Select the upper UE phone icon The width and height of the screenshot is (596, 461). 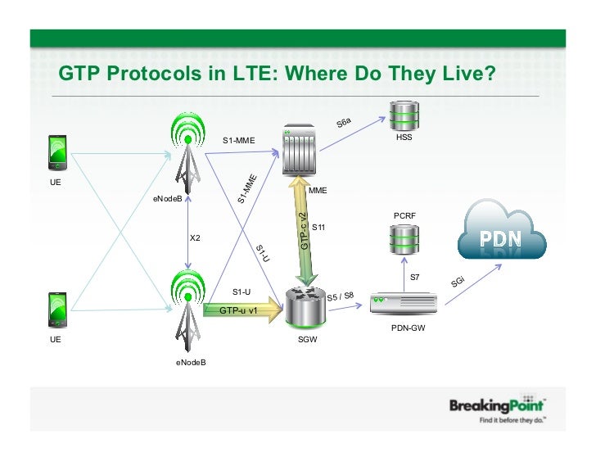[57, 151]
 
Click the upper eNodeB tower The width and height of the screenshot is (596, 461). [189, 151]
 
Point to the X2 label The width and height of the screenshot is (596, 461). [196, 238]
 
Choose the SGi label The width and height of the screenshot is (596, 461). [458, 282]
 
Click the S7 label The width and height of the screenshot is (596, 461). [415, 278]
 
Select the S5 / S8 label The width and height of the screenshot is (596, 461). [341, 296]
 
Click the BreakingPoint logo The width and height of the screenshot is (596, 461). [497, 407]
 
